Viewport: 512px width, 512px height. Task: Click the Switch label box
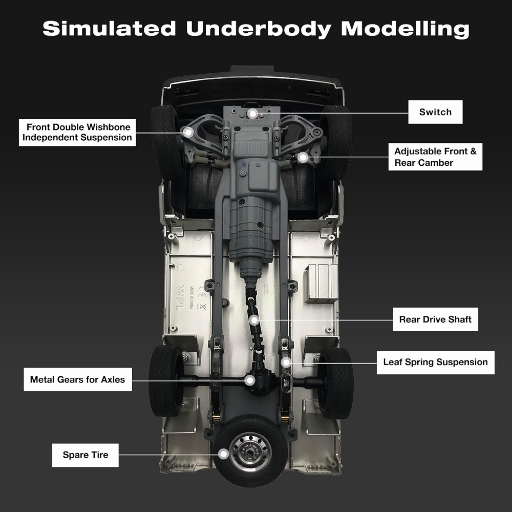435,112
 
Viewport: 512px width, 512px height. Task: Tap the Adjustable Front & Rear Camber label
435,157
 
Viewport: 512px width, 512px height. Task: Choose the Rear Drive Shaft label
435,319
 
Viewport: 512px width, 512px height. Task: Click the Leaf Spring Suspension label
435,362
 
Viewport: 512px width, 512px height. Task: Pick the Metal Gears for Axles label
77,380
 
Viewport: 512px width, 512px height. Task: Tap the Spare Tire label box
86,455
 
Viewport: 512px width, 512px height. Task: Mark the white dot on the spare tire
223,454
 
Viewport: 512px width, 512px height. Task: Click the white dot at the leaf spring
286,362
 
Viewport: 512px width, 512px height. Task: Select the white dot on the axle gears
249,380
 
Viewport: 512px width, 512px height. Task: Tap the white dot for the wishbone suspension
189,132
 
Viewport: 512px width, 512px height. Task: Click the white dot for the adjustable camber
303,157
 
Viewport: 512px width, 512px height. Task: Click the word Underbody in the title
259,29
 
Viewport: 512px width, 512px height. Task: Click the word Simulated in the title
109,29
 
